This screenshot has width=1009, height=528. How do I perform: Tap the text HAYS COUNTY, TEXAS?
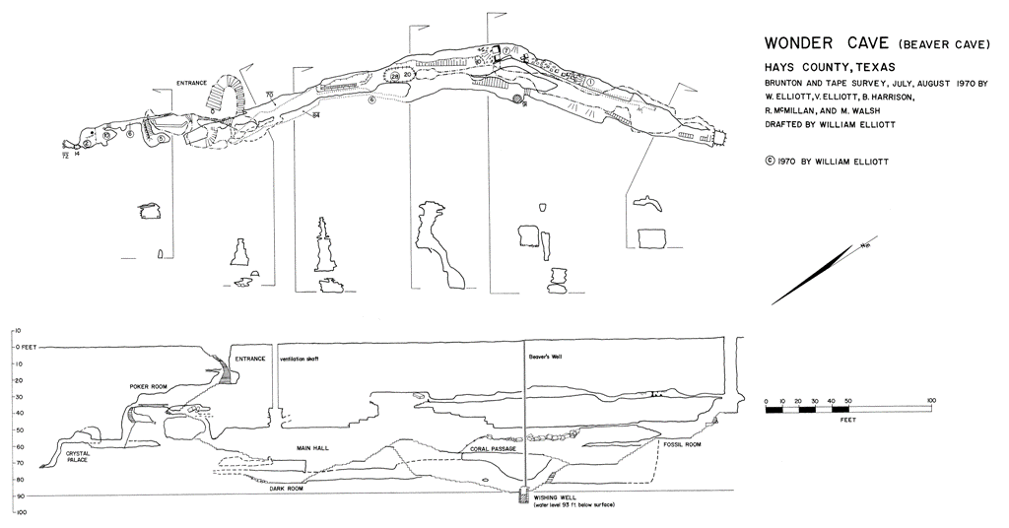pos(824,66)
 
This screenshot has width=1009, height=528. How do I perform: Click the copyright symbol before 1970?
pos(769,162)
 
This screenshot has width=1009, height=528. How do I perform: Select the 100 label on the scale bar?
pos(930,401)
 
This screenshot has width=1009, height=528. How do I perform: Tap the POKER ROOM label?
pos(152,387)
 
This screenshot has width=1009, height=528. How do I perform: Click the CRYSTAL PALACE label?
pos(79,457)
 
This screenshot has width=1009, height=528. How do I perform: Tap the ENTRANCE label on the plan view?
pos(193,83)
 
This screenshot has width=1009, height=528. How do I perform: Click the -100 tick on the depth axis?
pos(19,513)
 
